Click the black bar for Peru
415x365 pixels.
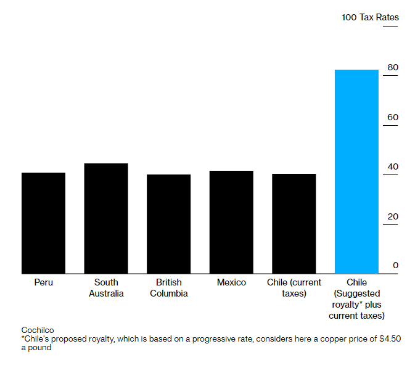tap(43, 223)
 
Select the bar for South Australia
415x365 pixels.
tap(106, 218)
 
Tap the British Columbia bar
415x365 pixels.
tap(168, 224)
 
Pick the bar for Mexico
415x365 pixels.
tap(231, 222)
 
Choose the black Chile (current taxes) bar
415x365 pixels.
tap(294, 224)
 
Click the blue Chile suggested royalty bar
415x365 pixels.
tap(356, 171)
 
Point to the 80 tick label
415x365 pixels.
tap(393, 67)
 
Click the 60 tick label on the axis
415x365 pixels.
tap(393, 117)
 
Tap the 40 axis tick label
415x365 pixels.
tap(393, 166)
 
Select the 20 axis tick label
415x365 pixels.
tap(393, 216)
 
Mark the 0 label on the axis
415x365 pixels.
tap(395, 265)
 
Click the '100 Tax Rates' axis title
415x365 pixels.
tap(370, 17)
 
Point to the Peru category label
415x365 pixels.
tap(43, 282)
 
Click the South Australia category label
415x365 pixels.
tap(106, 288)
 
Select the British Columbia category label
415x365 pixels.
tap(168, 288)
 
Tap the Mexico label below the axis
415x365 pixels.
tap(231, 282)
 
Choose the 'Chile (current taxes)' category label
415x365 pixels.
tap(294, 288)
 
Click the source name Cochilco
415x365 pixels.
tap(38, 330)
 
